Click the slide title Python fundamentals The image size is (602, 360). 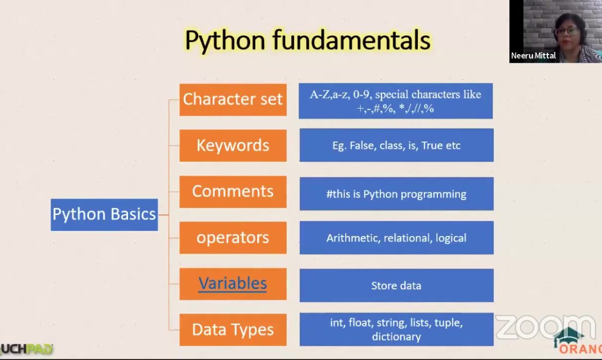[307, 41]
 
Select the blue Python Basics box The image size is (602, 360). [104, 214]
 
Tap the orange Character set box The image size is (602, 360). [233, 99]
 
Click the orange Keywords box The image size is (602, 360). [233, 146]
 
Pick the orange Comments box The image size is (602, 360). [233, 191]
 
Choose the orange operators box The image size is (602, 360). [233, 238]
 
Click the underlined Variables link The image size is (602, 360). [233, 283]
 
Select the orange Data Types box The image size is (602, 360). [233, 330]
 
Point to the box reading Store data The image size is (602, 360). [396, 285]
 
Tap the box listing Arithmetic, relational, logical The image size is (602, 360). [396, 238]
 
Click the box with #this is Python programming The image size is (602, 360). [396, 194]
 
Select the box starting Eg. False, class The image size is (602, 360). [396, 146]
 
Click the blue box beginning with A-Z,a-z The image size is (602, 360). [395, 101]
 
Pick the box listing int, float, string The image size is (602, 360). [396, 330]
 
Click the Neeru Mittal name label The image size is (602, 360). [534, 56]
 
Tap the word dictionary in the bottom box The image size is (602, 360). [396, 337]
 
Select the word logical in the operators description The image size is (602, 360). [451, 238]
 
